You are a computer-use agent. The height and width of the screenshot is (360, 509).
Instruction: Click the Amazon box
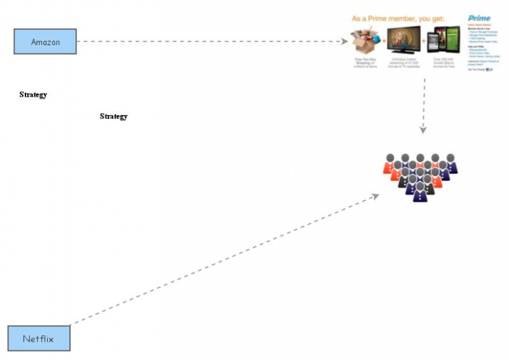pos(45,41)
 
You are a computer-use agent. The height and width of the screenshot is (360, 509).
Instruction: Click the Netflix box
pos(38,338)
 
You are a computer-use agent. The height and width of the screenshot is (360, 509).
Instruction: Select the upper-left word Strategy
pos(33,95)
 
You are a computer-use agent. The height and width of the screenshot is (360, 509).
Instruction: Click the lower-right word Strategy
pos(113,116)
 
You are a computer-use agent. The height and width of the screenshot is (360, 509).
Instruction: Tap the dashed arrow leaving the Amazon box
pos(210,42)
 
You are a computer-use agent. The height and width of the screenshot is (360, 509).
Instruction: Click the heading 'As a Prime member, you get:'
pos(398,18)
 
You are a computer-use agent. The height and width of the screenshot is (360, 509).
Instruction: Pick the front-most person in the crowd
pos(420,192)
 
